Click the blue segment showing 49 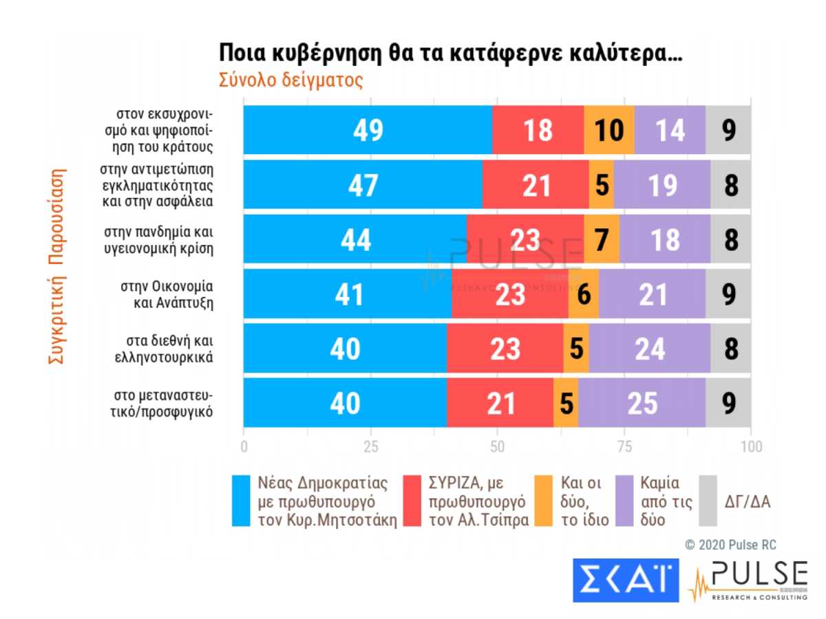pos(368,130)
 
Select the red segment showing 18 pos(538,130)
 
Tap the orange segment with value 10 pos(608,130)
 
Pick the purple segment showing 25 pos(642,403)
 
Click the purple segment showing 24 pos(649,349)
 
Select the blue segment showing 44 pos(354,239)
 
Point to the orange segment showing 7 pos(601,239)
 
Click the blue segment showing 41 pos(348,294)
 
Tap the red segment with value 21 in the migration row pos(500,403)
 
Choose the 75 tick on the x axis pos(624,446)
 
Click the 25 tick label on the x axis pos(371,446)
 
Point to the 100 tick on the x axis pos(750,446)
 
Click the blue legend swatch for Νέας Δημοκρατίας pos(241,501)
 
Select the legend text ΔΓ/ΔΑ pos(748,501)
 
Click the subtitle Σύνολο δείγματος pos(290,80)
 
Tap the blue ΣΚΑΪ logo pos(626,580)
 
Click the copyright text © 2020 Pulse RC pos(730,545)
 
